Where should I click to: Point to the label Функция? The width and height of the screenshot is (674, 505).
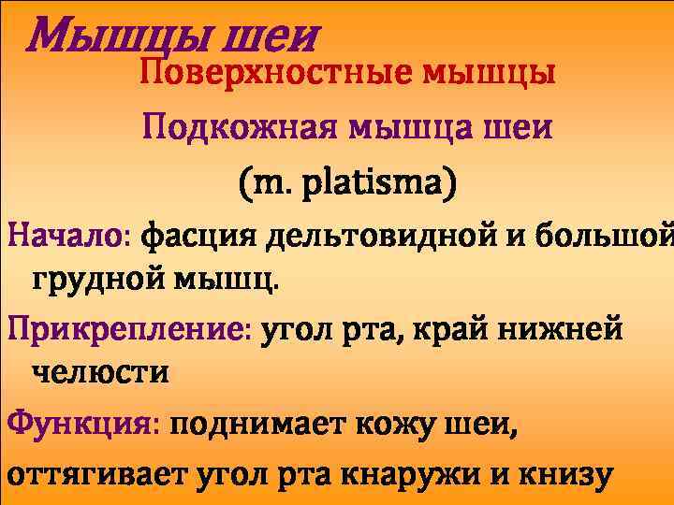click(x=84, y=426)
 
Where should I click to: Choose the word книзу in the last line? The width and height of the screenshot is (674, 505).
click(x=567, y=474)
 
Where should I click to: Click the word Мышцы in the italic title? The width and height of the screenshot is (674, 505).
click(x=94, y=37)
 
